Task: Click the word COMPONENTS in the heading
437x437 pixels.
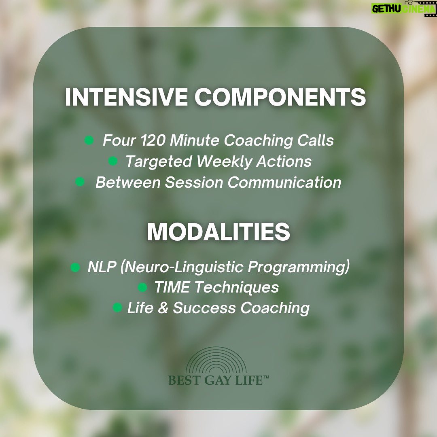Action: [280, 97]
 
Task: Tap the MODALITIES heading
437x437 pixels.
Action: [218, 231]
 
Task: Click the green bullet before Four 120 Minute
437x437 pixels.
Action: [89, 140]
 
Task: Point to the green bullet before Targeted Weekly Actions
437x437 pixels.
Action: [112, 161]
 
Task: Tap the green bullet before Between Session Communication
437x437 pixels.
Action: [80, 182]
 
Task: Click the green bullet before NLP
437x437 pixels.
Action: [75, 267]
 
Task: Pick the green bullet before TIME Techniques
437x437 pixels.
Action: [142, 287]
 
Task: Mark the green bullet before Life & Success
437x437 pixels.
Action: [117, 308]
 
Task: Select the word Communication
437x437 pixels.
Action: [284, 182]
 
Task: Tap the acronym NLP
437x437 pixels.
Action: [102, 267]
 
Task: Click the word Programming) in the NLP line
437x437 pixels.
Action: [299, 267]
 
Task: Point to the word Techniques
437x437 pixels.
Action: [236, 287]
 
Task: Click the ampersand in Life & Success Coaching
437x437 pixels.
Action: [163, 308]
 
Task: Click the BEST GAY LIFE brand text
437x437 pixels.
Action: [218, 380]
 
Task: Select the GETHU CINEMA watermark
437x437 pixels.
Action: [404, 8]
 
